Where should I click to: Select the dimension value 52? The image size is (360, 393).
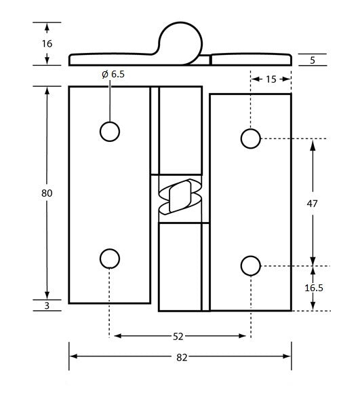pyautogui.click(x=179, y=335)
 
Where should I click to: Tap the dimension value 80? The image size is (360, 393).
pyautogui.click(x=47, y=193)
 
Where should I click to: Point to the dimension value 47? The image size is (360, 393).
pyautogui.click(x=313, y=203)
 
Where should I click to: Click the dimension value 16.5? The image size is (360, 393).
pyautogui.click(x=313, y=288)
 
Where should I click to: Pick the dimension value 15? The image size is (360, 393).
pyautogui.click(x=271, y=79)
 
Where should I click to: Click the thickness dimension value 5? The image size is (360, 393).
pyautogui.click(x=313, y=60)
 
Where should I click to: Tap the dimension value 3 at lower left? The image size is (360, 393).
pyautogui.click(x=47, y=307)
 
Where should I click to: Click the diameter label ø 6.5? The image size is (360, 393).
pyautogui.click(x=113, y=75)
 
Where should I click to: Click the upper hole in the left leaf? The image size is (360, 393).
pyautogui.click(x=109, y=132)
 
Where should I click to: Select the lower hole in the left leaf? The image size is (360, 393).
pyautogui.click(x=109, y=259)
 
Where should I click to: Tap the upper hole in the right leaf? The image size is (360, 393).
pyautogui.click(x=250, y=138)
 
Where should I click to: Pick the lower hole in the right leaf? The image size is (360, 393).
pyautogui.click(x=250, y=265)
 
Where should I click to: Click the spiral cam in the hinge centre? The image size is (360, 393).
pyautogui.click(x=180, y=198)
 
